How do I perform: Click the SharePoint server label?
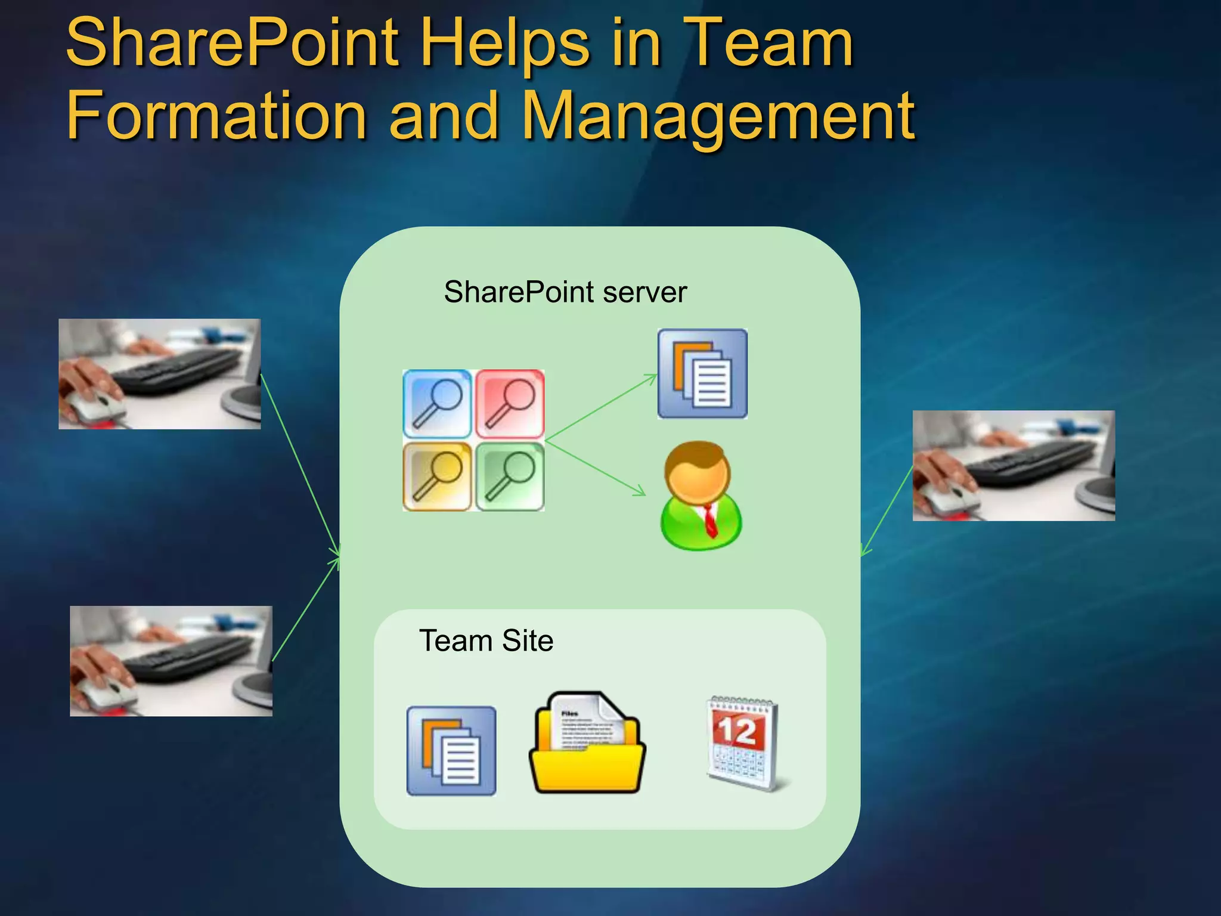tap(565, 292)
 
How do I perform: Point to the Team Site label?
tap(486, 641)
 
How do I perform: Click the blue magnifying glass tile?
tap(437, 404)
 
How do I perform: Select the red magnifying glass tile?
tap(510, 404)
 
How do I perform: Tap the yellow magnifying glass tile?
tap(437, 476)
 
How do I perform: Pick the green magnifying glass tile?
tap(510, 476)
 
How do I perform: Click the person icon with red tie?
tap(701, 496)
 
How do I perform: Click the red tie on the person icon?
tap(709, 520)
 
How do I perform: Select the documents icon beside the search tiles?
tap(702, 374)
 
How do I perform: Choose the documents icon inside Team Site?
tap(451, 751)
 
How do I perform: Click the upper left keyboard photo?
tap(160, 374)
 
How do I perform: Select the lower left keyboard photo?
tap(171, 661)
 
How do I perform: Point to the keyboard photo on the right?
tap(1014, 466)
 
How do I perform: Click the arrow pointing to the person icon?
tap(596, 469)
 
